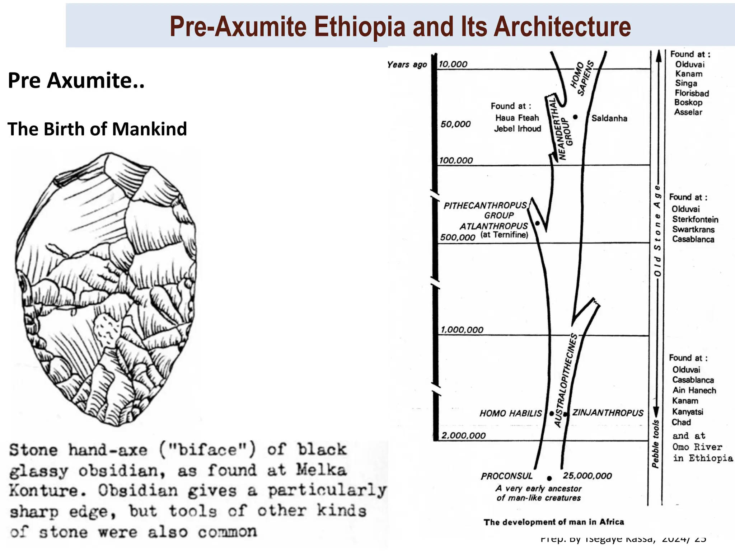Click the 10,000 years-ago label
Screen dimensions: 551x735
coord(453,64)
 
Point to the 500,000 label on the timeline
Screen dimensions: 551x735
coord(458,237)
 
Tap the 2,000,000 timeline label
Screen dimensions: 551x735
coord(463,435)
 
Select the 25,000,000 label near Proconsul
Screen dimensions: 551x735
coord(587,476)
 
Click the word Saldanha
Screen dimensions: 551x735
coord(609,118)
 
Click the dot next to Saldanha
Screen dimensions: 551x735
coord(575,117)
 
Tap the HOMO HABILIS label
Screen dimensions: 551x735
coord(510,414)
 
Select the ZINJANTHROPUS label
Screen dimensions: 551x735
coord(608,413)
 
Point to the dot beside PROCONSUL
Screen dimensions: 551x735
coord(549,478)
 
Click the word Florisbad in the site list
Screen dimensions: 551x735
coord(692,93)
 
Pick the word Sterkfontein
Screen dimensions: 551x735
coord(695,220)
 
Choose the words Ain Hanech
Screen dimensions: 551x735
coord(694,390)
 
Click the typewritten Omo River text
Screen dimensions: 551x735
coord(697,447)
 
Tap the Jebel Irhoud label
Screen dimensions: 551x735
coord(517,129)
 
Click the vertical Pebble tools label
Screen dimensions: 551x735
coord(656,443)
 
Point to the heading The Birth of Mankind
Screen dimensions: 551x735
coord(97,129)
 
